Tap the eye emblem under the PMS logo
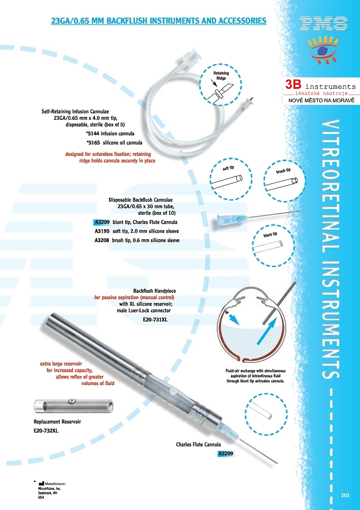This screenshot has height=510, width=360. point(324,50)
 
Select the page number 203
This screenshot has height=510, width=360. point(345,495)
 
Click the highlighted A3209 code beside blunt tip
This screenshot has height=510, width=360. point(102,222)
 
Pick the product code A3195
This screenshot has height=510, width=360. point(102,231)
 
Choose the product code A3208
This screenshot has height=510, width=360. point(102,241)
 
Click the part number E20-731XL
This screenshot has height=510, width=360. point(155,320)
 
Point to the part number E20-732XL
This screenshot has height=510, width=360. point(46,430)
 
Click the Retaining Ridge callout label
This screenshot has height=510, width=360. point(221,76)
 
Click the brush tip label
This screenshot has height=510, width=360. point(284,171)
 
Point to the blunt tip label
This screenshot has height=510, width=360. point(270,234)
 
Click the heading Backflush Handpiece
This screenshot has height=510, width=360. point(154,291)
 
